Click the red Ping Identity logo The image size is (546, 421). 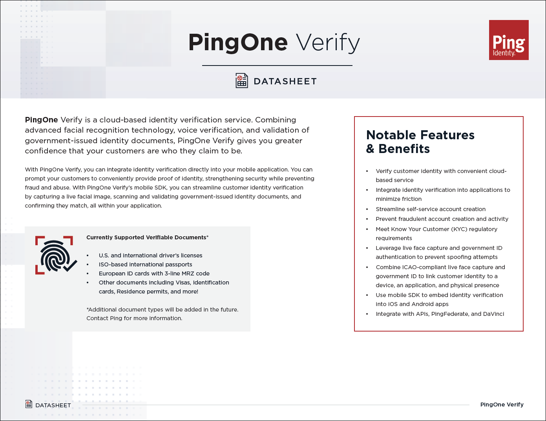pyautogui.click(x=509, y=40)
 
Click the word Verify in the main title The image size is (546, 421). pyautogui.click(x=328, y=42)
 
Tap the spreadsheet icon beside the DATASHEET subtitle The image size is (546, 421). pyautogui.click(x=242, y=81)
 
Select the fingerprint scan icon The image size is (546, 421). pyautogui.click(x=55, y=255)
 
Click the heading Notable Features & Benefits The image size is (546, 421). pyautogui.click(x=420, y=142)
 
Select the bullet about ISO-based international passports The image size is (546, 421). pyautogui.click(x=145, y=264)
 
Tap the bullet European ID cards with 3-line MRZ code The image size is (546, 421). pyautogui.click(x=154, y=273)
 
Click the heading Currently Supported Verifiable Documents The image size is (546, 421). pyautogui.click(x=147, y=237)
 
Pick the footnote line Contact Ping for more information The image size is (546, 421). pyautogui.click(x=134, y=318)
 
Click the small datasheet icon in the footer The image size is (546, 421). pyautogui.click(x=29, y=404)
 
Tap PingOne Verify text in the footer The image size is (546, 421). pyautogui.click(x=502, y=405)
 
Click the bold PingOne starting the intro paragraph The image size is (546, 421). pyautogui.click(x=41, y=120)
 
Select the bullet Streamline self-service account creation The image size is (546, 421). pyautogui.click(x=430, y=209)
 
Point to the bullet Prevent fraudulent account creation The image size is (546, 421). pyautogui.click(x=442, y=219)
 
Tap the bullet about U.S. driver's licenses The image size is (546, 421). pyautogui.click(x=150, y=255)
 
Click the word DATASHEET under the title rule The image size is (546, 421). pyautogui.click(x=285, y=81)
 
